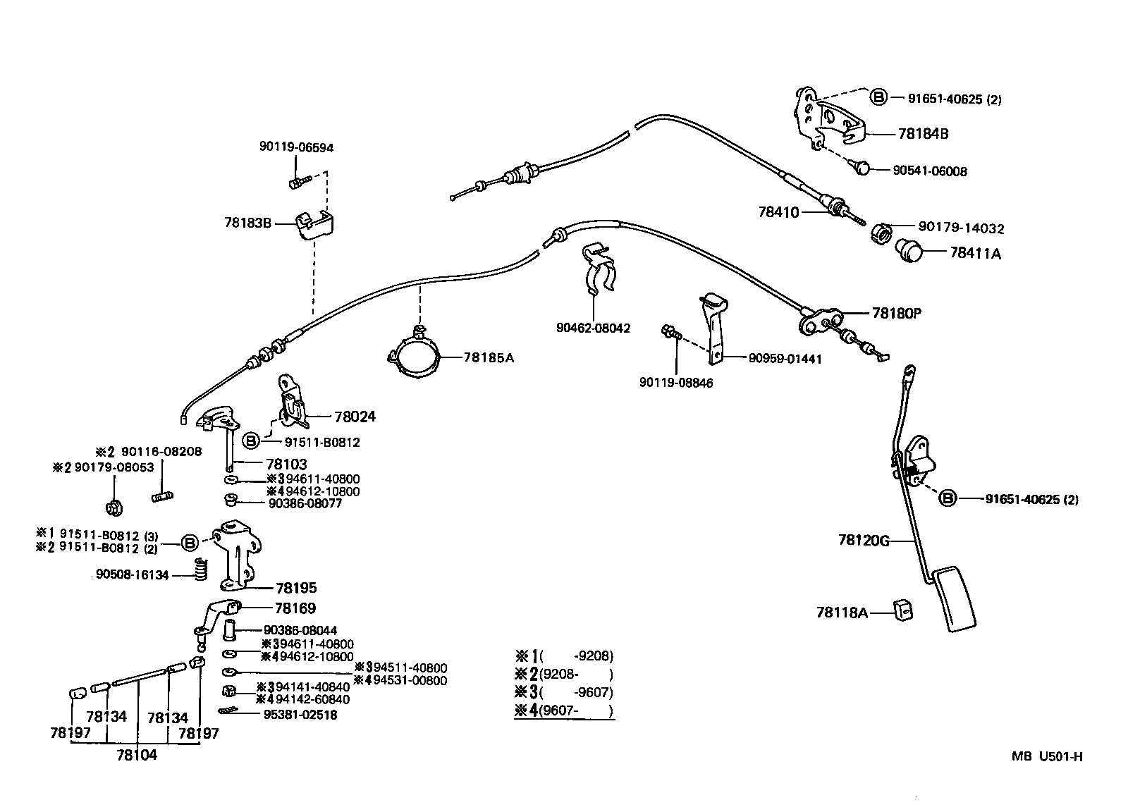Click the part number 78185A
(489, 357)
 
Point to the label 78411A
(975, 253)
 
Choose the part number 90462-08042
(593, 328)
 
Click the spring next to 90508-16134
(202, 570)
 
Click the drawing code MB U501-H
(1047, 756)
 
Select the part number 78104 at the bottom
(137, 756)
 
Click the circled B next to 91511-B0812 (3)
(190, 543)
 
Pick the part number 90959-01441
(785, 359)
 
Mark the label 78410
(778, 212)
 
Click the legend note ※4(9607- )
(564, 710)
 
